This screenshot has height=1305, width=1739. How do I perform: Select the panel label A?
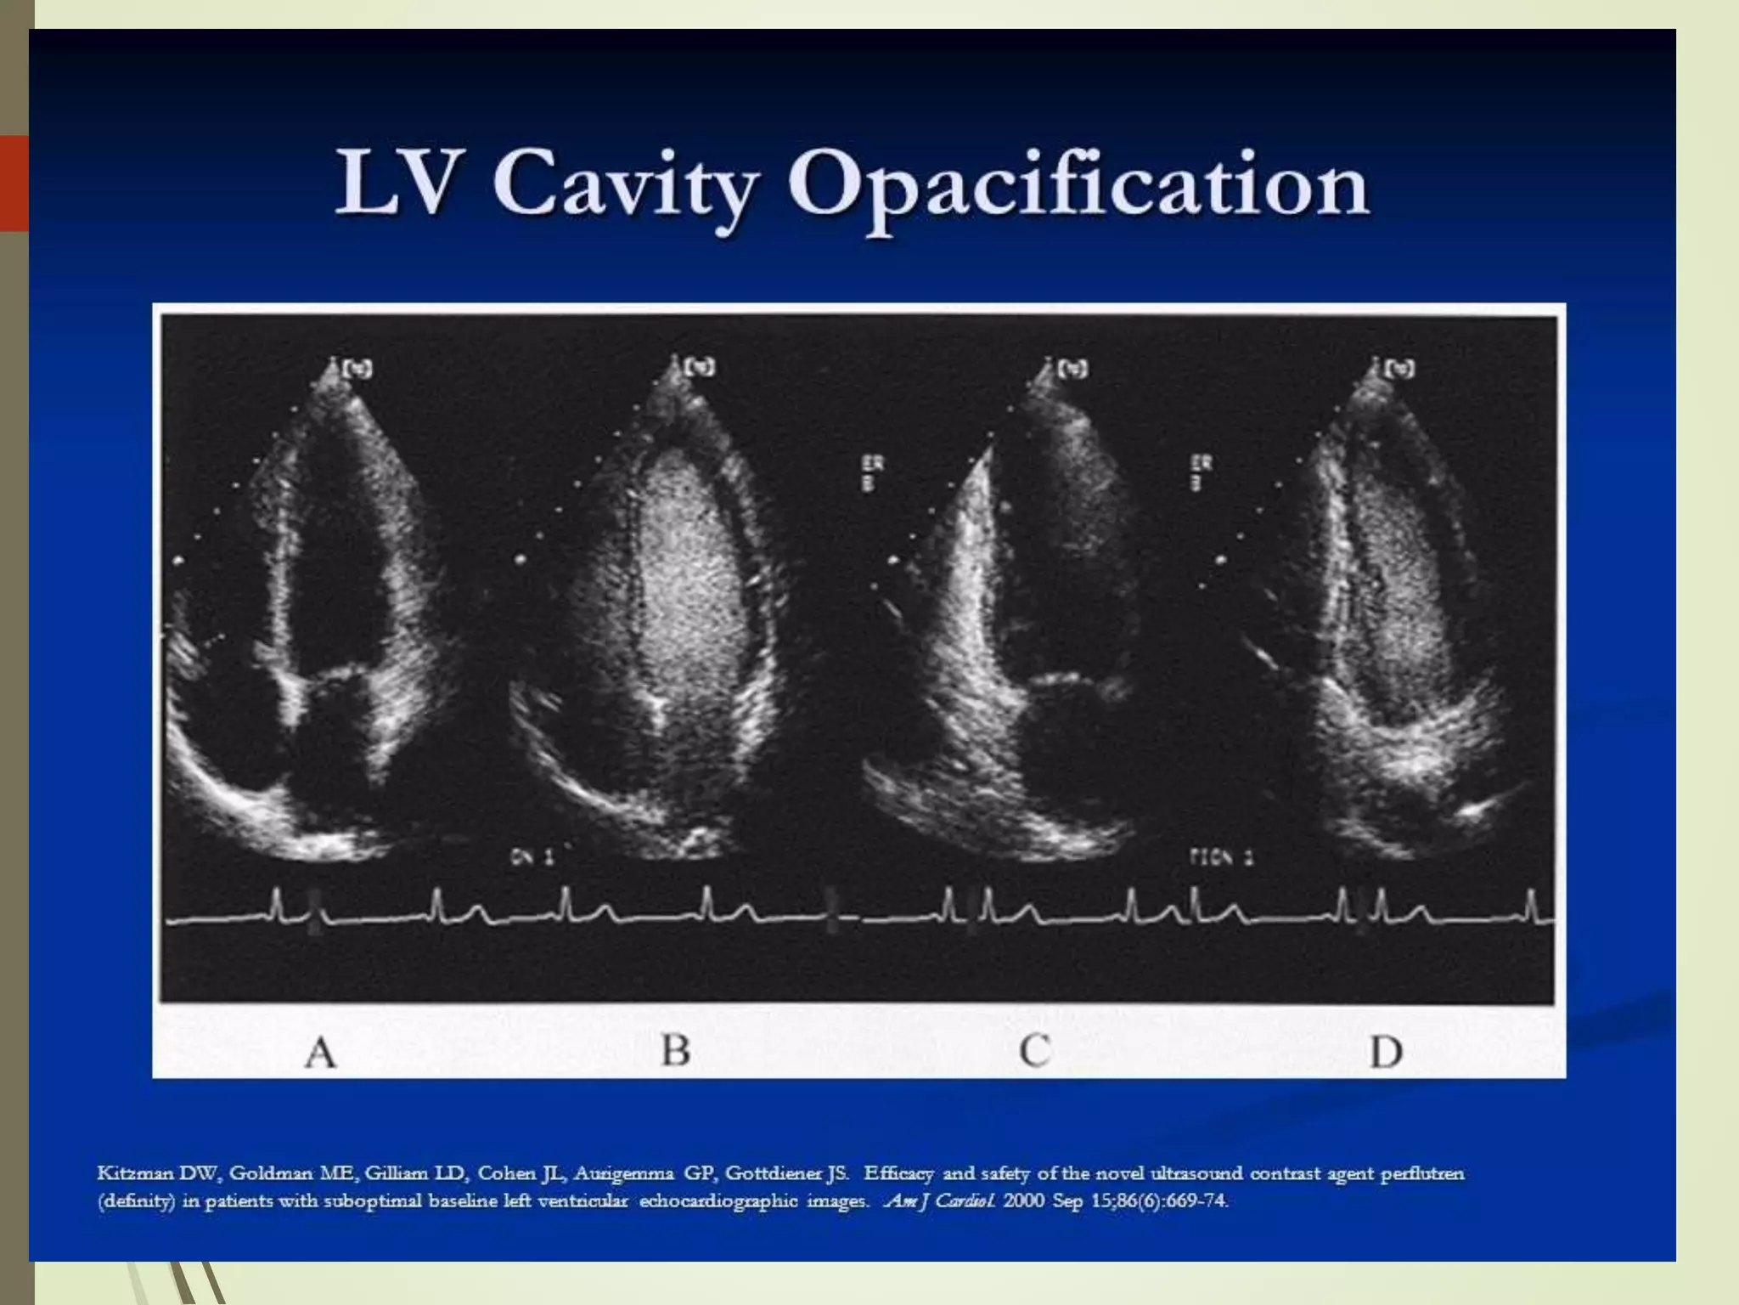pos(320,1054)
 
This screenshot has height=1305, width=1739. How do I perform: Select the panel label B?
pos(676,1051)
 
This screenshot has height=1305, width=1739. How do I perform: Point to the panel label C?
pos(1034,1052)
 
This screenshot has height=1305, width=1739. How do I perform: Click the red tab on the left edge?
pos(14,183)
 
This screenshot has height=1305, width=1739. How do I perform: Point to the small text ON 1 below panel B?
pos(532,859)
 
